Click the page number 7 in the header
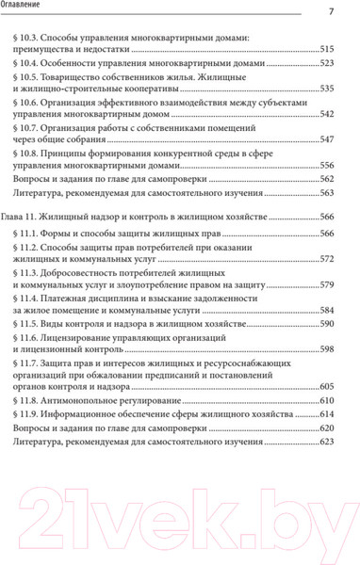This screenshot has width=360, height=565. pyautogui.click(x=331, y=11)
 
